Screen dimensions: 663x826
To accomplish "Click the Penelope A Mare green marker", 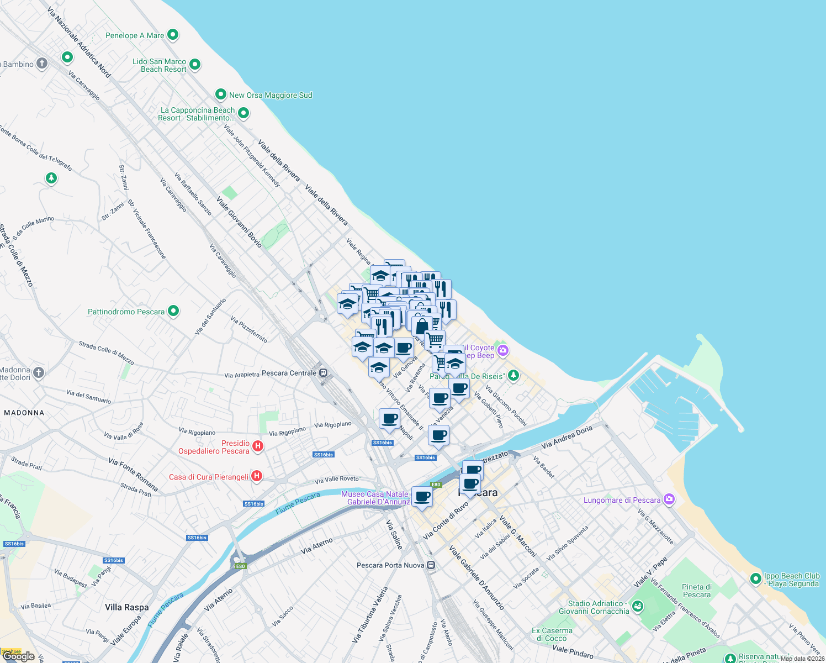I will [x=173, y=35].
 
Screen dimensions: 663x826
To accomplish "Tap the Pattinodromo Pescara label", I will [x=126, y=312].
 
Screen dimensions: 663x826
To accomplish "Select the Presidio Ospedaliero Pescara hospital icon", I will [x=257, y=446].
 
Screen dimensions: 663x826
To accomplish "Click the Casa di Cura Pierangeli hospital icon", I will [x=256, y=476].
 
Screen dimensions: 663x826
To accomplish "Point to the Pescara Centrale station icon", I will [x=324, y=373].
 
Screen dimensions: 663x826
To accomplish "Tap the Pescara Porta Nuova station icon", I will [x=431, y=565].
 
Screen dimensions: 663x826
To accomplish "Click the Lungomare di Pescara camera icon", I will [x=669, y=499].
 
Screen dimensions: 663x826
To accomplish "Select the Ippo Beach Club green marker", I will [x=756, y=578].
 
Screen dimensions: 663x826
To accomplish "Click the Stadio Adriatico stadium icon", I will [x=638, y=606].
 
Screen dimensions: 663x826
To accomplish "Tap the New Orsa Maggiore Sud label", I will [x=271, y=95].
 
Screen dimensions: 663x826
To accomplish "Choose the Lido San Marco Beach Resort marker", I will [x=194, y=65].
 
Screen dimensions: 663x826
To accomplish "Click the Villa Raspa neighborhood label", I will [x=127, y=607].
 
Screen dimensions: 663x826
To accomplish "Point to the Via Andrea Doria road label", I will [x=566, y=437].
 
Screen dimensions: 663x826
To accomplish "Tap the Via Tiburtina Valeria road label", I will [x=370, y=614].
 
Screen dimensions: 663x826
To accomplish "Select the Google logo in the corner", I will [x=18, y=656].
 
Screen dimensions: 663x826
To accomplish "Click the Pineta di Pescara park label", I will [x=697, y=591].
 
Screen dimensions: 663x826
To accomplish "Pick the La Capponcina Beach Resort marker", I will [x=243, y=113].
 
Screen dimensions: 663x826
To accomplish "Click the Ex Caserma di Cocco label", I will [x=552, y=634].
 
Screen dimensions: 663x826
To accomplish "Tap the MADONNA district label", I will [x=24, y=413].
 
